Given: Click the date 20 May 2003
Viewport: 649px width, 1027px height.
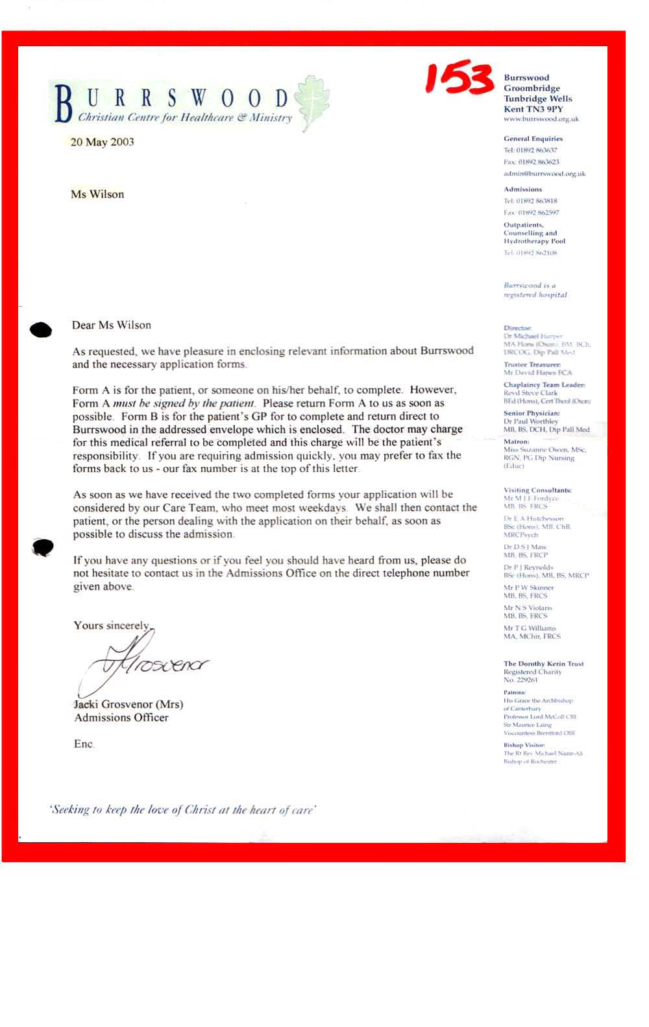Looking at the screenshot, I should point(102,142).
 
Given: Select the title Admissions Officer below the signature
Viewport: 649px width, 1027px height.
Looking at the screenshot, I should point(121,718).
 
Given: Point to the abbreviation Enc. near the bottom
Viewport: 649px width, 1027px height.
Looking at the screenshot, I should point(84,744).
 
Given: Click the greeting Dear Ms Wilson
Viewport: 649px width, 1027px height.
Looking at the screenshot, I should point(111,325).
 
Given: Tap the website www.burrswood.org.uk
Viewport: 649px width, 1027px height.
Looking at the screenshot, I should point(541,119).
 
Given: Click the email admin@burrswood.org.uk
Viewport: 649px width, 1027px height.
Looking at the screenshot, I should point(544,174).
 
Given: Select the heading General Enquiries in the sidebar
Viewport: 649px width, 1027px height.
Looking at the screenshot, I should point(533,139).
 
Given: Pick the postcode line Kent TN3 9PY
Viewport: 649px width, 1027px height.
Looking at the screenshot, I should point(533,110).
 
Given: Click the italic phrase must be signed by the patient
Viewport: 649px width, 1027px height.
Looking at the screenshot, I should point(183,403).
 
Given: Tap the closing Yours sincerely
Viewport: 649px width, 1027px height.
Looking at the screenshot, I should point(111,626).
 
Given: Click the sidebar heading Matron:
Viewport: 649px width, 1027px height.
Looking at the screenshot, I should point(516,442).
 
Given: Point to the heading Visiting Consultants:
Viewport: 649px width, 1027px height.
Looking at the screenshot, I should point(537,490).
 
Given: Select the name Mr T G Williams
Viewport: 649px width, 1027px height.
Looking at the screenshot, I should point(530,628).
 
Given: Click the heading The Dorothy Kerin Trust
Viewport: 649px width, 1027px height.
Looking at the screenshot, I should point(543,664).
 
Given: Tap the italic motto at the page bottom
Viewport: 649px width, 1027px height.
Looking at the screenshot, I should point(182,810).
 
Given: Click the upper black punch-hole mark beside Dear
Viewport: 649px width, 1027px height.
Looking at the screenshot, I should point(41,330).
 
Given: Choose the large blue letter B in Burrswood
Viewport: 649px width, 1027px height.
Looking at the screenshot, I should point(63,104).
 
